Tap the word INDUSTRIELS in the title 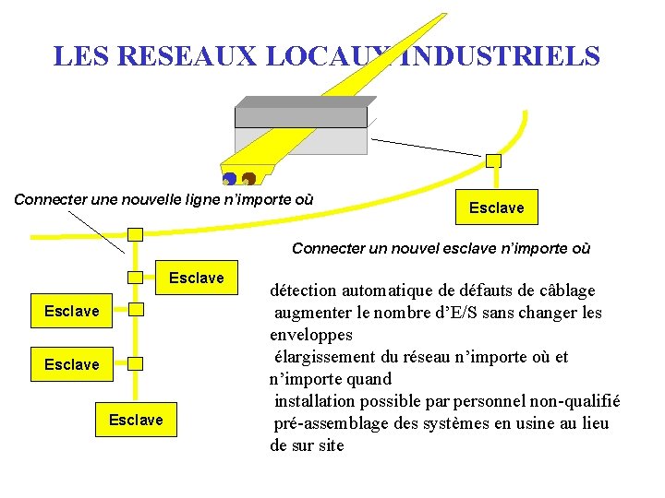(500, 56)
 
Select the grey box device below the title (301, 117)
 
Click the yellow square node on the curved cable (493, 160)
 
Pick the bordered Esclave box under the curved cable (496, 207)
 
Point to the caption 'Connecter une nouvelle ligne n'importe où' (164, 199)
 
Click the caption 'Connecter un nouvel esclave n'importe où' (441, 248)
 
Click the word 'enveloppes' (311, 335)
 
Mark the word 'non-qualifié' (573, 401)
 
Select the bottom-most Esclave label (135, 420)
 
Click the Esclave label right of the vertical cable (196, 278)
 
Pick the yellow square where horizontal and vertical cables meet (135, 234)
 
